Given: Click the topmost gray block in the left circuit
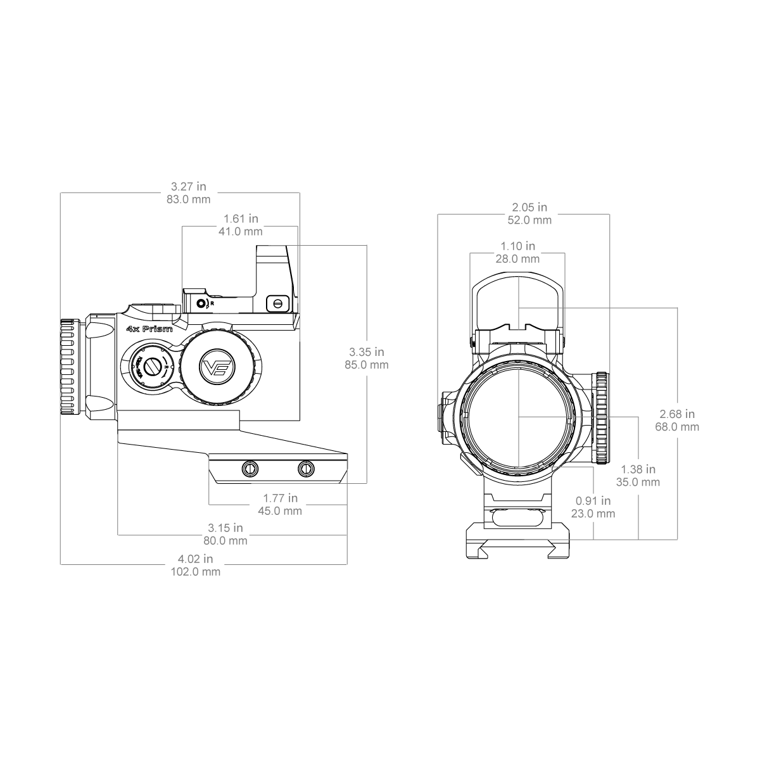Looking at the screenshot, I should pyautogui.click(x=189, y=193).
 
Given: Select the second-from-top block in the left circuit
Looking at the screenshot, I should pyautogui.click(x=241, y=226).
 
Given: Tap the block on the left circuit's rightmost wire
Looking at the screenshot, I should pyautogui.click(x=367, y=358).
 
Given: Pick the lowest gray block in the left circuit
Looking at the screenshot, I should pyautogui.click(x=197, y=565).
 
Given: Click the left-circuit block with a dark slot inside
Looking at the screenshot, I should pyautogui.click(x=279, y=505).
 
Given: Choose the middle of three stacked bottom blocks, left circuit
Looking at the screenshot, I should pyautogui.click(x=225, y=535).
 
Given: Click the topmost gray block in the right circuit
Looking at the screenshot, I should pyautogui.click(x=529, y=215).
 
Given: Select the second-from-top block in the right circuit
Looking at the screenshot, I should pyautogui.click(x=517, y=251).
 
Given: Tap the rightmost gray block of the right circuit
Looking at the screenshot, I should pyautogui.click(x=676, y=420).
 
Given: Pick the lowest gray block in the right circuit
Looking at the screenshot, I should pyautogui.click(x=593, y=508).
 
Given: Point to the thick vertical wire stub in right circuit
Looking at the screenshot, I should pyautogui.click(x=638, y=514).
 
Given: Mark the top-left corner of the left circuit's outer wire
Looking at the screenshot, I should pyautogui.click(x=58, y=193).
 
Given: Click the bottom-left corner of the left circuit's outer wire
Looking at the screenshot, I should pyautogui.click(x=58, y=564).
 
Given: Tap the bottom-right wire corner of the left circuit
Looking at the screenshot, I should pyautogui.click(x=348, y=564).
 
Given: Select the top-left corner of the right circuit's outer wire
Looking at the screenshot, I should pyautogui.click(x=438, y=215).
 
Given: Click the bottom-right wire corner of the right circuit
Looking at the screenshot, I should pyautogui.click(x=677, y=540).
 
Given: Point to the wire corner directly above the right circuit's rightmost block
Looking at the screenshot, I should pyautogui.click(x=677, y=307).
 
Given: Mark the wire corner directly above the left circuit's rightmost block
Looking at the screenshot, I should pyautogui.click(x=367, y=245).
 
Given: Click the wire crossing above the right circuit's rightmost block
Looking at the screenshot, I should pyautogui.click(x=611, y=307).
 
